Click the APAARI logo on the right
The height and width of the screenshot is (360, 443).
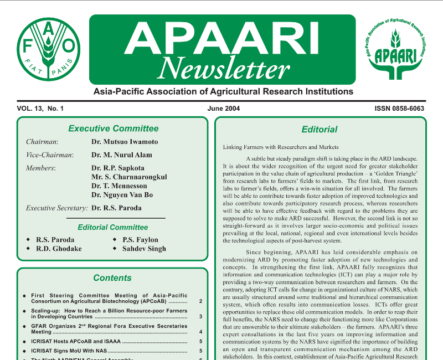395,48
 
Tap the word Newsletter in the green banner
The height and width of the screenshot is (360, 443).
223,69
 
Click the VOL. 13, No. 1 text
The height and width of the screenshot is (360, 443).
40,108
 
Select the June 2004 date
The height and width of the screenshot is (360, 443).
224,108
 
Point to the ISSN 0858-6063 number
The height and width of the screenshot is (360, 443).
395,108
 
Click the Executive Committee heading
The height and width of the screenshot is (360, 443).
113,128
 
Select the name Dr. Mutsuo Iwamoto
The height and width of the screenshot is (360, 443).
125,142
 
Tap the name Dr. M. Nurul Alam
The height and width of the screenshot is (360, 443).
121,155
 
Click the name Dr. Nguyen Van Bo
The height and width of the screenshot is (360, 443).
122,195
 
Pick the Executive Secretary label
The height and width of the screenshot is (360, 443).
57,208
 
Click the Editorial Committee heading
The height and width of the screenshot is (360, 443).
113,227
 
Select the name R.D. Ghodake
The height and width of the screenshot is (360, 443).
59,249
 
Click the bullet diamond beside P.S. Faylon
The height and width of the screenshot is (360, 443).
114,240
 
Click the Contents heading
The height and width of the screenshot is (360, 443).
112,278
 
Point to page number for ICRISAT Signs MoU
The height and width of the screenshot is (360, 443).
200,351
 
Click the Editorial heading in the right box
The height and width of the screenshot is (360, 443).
320,130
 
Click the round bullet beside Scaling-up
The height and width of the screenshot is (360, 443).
24,312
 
